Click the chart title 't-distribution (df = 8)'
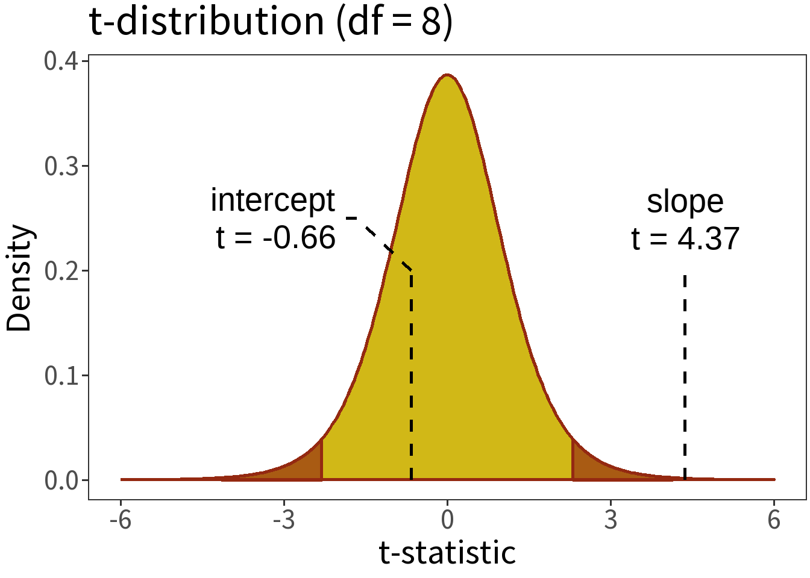point(271,22)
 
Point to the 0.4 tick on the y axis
point(62,61)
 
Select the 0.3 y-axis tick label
point(62,166)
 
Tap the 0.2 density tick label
point(62,271)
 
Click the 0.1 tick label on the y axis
point(62,376)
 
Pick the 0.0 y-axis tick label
point(62,480)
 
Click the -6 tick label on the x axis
point(121,520)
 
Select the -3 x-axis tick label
point(284,520)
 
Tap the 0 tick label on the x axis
point(447,520)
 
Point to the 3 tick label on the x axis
point(611,520)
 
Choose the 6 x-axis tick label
point(774,520)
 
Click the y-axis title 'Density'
point(19,278)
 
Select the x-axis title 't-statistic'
point(447,553)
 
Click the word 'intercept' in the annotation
point(272,200)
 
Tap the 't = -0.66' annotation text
point(275,238)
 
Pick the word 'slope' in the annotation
point(685,202)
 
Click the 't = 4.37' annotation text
point(685,239)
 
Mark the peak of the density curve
point(447,75)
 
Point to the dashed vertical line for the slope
point(685,373)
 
